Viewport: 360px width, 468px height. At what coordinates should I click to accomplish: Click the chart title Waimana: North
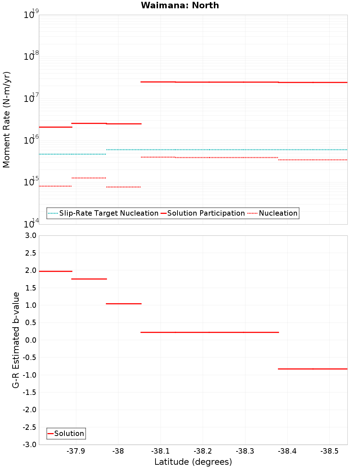(x=180, y=5)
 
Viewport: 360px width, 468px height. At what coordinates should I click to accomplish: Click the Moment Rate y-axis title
(x=6, y=120)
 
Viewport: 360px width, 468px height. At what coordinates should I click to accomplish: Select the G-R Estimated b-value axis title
(x=16, y=340)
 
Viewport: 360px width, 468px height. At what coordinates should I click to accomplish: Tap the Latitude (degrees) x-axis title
(x=193, y=462)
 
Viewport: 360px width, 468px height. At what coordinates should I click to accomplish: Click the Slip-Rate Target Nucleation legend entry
(x=108, y=213)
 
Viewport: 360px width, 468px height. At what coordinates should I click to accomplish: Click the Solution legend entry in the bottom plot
(x=69, y=433)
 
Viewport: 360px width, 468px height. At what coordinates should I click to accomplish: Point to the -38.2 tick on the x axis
(x=203, y=451)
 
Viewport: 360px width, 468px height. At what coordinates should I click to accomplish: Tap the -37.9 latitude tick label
(x=76, y=451)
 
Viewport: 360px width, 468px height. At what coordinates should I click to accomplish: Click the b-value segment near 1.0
(x=123, y=304)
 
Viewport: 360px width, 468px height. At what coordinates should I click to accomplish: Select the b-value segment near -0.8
(x=312, y=369)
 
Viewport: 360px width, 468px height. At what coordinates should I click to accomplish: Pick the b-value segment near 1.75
(x=89, y=279)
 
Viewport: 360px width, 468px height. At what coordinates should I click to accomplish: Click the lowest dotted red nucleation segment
(x=123, y=187)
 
